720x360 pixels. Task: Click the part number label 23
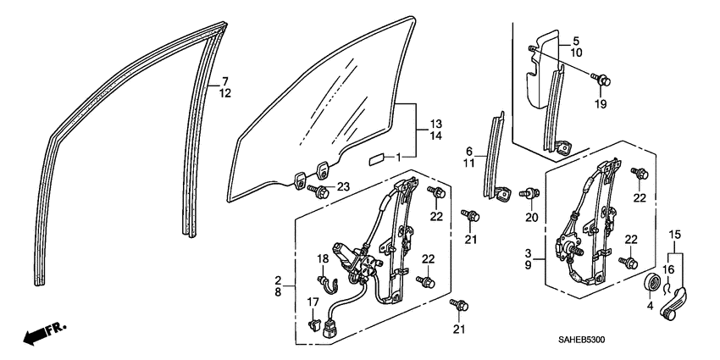(343, 187)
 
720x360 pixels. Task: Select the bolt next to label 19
(605, 80)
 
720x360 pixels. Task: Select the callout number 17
(313, 302)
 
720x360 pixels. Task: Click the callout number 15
(675, 233)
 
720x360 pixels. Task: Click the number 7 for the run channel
(225, 80)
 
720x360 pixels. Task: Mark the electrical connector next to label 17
(316, 323)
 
